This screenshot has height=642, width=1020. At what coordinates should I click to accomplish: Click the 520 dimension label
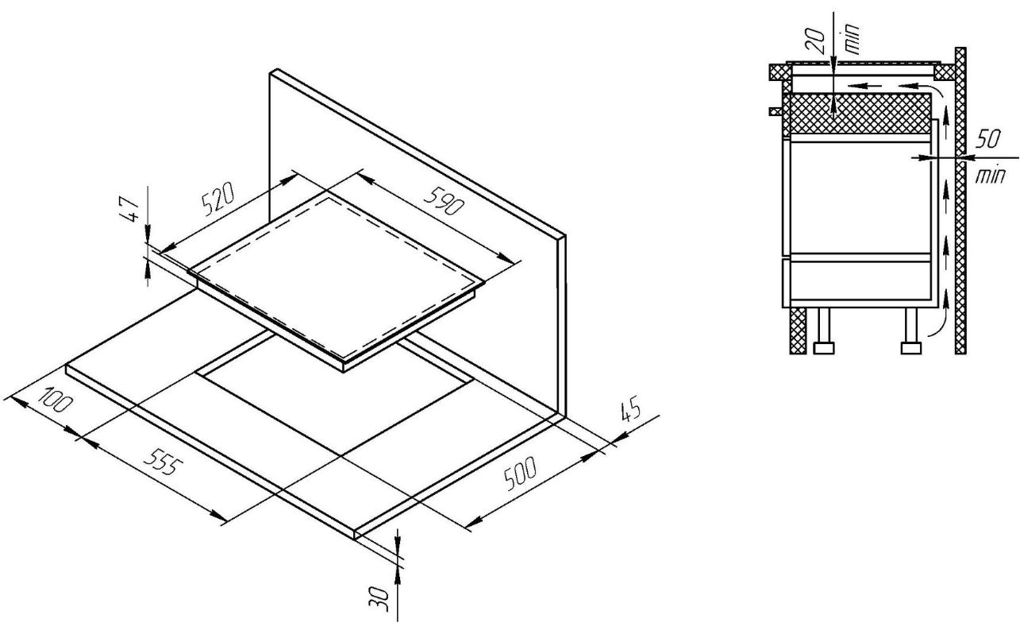218,199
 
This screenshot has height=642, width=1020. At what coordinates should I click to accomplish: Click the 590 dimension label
443,200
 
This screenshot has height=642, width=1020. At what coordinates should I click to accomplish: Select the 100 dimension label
56,400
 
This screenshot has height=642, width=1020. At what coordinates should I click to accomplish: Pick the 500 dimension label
521,474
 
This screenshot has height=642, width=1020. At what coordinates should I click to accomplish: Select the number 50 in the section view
988,140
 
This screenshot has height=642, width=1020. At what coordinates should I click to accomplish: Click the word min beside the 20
852,38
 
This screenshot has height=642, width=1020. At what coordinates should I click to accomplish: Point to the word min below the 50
990,176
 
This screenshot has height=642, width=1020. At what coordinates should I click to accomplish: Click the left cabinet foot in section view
823,330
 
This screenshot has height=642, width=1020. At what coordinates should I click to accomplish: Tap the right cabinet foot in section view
911,330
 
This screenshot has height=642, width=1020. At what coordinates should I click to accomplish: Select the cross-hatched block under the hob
857,114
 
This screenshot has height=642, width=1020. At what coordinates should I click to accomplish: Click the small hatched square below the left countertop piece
776,111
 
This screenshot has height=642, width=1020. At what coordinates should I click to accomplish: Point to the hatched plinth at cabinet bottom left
798,330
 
